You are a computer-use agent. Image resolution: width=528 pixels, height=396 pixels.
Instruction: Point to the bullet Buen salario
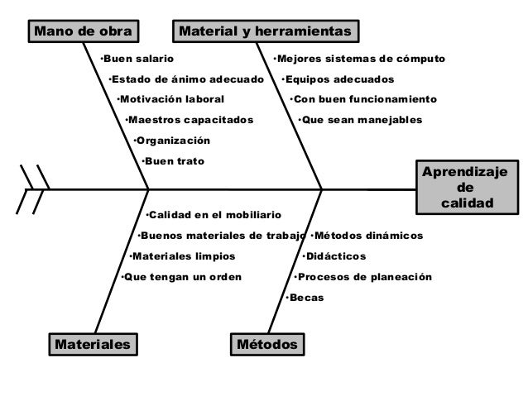137,60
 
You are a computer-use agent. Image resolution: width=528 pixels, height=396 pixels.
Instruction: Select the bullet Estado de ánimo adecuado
186,79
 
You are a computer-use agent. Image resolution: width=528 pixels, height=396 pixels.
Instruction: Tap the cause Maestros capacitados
190,120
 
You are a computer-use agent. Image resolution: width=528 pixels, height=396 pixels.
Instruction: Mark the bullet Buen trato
173,160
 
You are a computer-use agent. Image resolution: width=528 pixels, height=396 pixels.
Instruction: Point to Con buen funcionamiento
363,99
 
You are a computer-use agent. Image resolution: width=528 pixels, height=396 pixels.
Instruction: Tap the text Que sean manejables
360,120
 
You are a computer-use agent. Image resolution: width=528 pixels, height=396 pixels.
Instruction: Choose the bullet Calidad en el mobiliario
214,216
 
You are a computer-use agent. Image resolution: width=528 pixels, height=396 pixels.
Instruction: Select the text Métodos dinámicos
367,236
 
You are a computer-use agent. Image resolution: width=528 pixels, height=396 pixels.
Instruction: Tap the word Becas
305,297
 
